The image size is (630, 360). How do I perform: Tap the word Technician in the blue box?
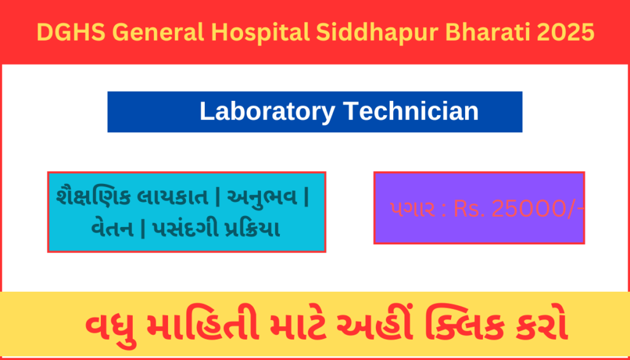[x=410, y=111]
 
